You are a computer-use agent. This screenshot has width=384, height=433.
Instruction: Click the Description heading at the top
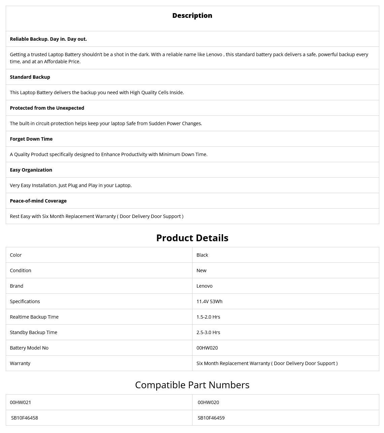(x=192, y=15)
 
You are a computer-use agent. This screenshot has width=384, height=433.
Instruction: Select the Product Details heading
(x=192, y=238)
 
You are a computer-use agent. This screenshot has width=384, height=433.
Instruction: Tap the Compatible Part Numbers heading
(x=192, y=385)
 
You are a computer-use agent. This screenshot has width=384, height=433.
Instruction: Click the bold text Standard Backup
(x=30, y=77)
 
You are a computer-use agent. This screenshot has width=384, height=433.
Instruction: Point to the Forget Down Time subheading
(x=31, y=139)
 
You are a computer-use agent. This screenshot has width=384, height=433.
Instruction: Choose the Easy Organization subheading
(x=31, y=170)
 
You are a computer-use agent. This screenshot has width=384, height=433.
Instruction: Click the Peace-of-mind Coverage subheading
(x=38, y=201)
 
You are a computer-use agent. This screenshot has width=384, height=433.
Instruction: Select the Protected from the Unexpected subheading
(x=47, y=108)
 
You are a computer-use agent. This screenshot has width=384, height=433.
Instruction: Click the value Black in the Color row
(x=202, y=255)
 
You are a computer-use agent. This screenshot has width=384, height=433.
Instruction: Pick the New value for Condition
(x=201, y=270)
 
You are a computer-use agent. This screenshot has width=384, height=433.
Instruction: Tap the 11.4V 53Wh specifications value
(x=209, y=301)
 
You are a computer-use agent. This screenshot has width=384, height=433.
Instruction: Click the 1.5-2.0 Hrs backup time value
(x=208, y=317)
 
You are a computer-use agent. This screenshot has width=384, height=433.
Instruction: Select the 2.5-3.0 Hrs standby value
(x=208, y=332)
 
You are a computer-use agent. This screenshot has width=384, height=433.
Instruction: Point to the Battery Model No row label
(x=29, y=348)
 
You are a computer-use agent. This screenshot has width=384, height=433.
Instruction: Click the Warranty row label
(x=20, y=363)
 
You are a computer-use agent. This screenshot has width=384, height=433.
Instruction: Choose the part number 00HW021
(x=20, y=402)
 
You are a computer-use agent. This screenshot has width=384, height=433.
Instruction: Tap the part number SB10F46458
(x=25, y=418)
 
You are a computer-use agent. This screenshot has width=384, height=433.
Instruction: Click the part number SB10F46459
(x=211, y=418)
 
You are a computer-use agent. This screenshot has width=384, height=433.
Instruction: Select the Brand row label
(x=16, y=286)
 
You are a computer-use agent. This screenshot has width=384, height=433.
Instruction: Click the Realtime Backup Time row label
(x=34, y=317)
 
